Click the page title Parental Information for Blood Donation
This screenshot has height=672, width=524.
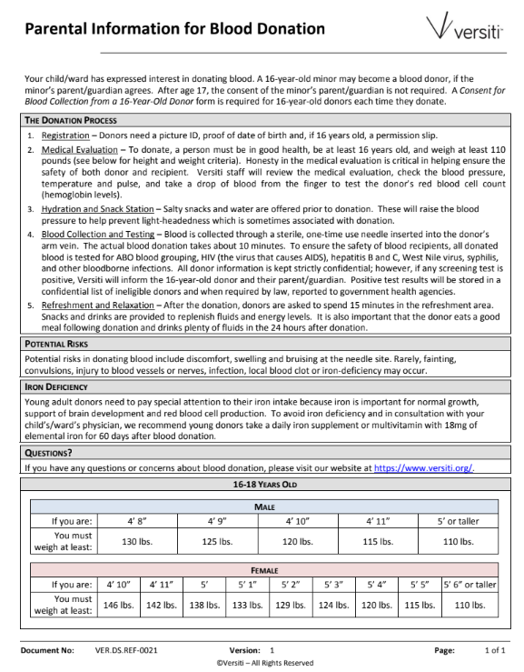pos(174,29)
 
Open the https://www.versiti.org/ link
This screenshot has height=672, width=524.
pos(423,467)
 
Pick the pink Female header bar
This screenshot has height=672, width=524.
pos(264,568)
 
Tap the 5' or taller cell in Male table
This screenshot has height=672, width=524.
pos(458,521)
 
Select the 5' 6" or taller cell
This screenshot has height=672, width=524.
pos(470,585)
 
